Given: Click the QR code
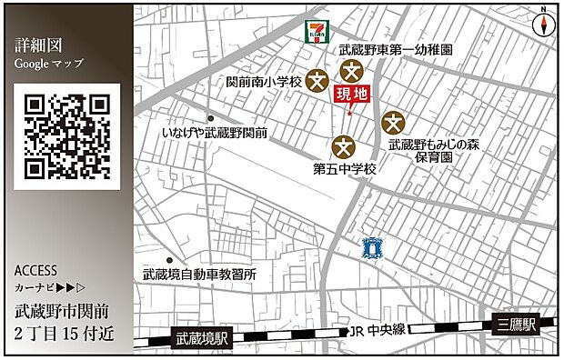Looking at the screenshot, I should pyautogui.click(x=67, y=135).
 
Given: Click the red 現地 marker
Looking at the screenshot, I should pyautogui.click(x=354, y=96).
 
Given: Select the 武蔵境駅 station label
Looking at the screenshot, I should pyautogui.click(x=201, y=338).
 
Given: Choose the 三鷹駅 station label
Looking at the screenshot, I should pyautogui.click(x=514, y=325).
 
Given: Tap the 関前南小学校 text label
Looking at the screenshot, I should pyautogui.click(x=264, y=82).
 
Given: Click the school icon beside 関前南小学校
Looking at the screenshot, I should pyautogui.click(x=317, y=81).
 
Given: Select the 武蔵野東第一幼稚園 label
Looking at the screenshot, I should pyautogui.click(x=395, y=52).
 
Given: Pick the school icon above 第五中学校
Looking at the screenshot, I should pyautogui.click(x=343, y=145).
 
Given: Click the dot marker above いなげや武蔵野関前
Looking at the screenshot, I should pyautogui.click(x=210, y=118).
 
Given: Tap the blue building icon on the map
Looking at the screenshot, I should pyautogui.click(x=369, y=246).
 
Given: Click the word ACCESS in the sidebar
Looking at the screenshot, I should pyautogui.click(x=36, y=271).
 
